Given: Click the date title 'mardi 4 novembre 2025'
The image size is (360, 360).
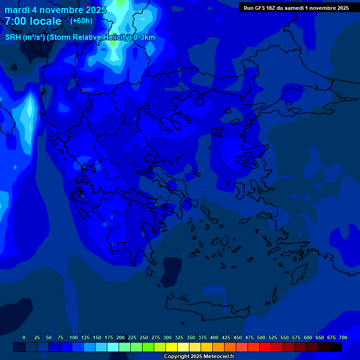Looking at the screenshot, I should [x=55, y=9].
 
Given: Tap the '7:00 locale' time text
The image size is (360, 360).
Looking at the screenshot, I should [x=33, y=21].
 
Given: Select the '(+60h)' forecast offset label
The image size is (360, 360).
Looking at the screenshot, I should [x=81, y=21].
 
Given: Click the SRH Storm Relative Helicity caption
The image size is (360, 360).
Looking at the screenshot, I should [x=80, y=37].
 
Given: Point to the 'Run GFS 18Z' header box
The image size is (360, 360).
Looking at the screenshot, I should [x=296, y=7].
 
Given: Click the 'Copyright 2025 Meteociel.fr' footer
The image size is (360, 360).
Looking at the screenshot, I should [x=199, y=356].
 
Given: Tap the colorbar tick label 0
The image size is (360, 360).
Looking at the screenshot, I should [x=24, y=337].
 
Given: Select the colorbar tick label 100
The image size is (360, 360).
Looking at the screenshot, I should [x=74, y=337].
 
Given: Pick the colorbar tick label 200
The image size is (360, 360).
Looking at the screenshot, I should [x=120, y=337].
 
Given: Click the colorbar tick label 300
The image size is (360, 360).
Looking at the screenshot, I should [x=167, y=337].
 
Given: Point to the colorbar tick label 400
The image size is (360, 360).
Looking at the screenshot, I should [x=214, y=337].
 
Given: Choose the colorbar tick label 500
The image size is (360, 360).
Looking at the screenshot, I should [x=261, y=337].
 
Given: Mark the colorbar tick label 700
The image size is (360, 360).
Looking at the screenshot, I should [x=343, y=337].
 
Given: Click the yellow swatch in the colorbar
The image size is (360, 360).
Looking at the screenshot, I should [x=172, y=347].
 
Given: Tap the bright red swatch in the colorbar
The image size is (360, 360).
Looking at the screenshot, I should [x=265, y=347].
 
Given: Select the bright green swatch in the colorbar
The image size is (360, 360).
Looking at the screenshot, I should [x=148, y=347].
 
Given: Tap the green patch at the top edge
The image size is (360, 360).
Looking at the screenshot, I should [x=120, y=3].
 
